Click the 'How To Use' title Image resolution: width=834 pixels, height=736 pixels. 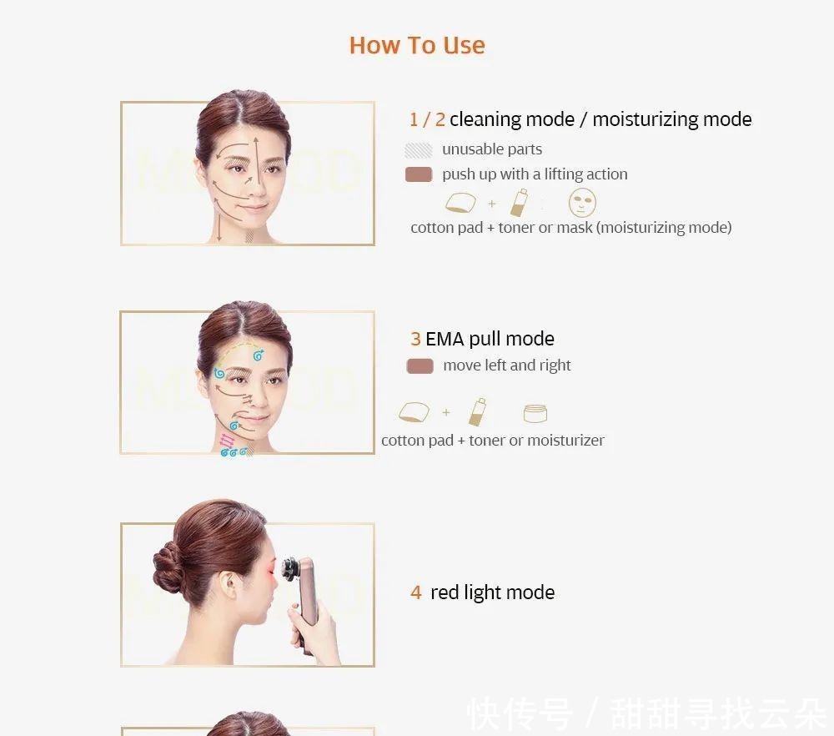pos(417,45)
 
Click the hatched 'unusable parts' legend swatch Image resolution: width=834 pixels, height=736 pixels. pos(418,150)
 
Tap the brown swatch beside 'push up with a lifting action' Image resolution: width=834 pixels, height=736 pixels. pos(418,174)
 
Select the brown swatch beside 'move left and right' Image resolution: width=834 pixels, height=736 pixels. pos(420,365)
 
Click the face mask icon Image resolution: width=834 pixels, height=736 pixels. pos(582,203)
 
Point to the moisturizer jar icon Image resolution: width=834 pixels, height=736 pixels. pos(535,413)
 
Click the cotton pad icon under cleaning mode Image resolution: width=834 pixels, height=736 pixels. pos(461,204)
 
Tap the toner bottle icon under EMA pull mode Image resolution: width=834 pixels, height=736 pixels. pos(478,411)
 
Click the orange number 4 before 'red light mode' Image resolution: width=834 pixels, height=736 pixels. pos(415,592)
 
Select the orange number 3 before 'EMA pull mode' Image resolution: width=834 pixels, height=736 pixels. pos(415,339)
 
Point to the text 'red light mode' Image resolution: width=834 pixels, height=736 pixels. pos(492,592)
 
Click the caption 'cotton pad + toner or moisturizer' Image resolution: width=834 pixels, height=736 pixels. pos(492,441)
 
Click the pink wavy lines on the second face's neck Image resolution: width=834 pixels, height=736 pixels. pos(226,441)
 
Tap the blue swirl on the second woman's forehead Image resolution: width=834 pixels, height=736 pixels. pos(259,355)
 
